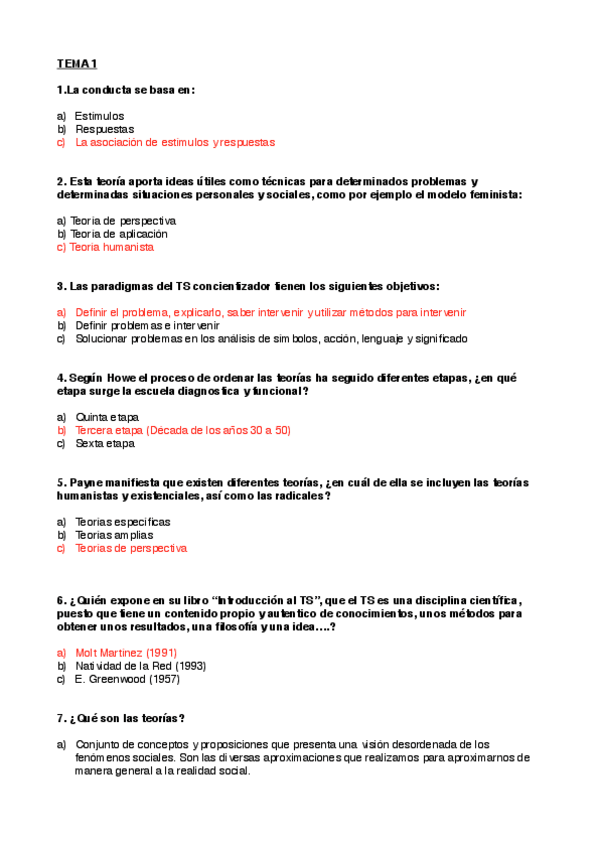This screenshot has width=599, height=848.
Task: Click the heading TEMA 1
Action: coord(76,65)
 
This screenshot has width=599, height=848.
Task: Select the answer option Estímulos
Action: coord(99,116)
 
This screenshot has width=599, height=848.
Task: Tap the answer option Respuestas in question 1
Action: coord(104,129)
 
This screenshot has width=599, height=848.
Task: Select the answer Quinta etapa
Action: coord(107,417)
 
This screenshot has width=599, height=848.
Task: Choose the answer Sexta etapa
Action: coord(104,443)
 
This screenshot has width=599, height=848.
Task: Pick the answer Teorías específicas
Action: coord(122,522)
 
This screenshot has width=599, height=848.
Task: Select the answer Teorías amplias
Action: coord(114,535)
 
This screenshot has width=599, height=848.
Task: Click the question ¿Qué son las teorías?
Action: coord(126,718)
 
